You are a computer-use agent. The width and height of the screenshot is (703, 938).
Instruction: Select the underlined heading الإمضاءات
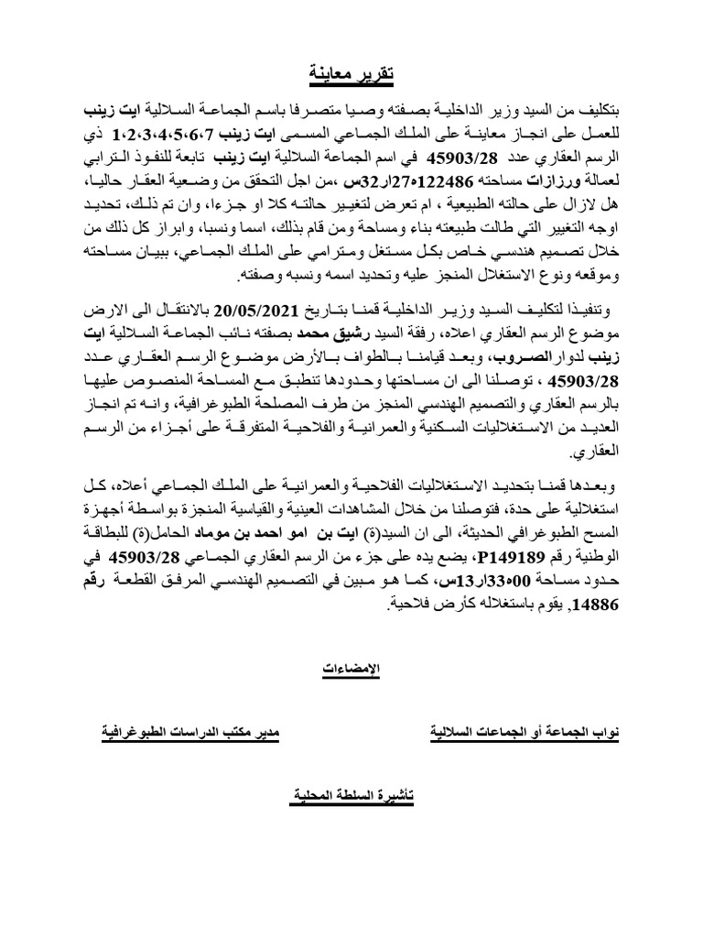(351, 671)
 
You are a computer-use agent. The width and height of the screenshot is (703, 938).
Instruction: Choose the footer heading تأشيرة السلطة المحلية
(351, 797)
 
